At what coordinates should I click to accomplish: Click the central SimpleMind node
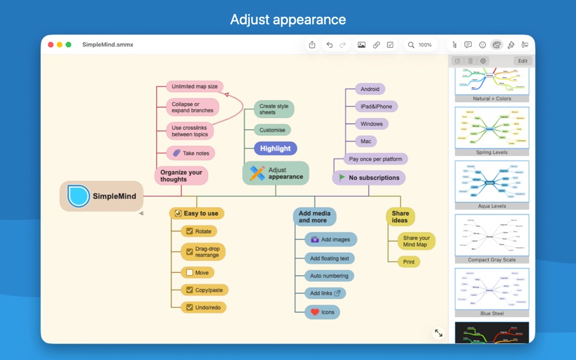coord(102,196)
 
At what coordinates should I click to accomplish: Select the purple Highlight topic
coord(275,148)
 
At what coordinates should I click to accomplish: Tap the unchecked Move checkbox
coord(190,273)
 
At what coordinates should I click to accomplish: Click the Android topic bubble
coord(370,89)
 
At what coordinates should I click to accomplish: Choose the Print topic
coord(409,262)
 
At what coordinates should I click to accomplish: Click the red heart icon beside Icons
coord(315,312)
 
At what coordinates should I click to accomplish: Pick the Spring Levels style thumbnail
coord(492,128)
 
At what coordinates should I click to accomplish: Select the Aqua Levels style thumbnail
coord(492,181)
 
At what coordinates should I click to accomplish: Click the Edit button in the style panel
coord(522,61)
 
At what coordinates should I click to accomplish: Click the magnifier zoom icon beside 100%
coord(411,45)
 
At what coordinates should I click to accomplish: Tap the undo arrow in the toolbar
coord(329,45)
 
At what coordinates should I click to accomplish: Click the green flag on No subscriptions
coord(342,178)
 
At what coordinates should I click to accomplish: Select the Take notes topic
coord(190,153)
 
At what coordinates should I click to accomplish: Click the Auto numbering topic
coord(329,276)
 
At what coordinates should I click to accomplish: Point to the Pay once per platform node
coord(375,159)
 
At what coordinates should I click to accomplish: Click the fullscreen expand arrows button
coord(438,333)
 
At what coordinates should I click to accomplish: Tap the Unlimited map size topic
coord(194,87)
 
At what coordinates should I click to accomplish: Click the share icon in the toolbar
coord(312,45)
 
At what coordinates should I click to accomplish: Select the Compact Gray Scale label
coord(492,260)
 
